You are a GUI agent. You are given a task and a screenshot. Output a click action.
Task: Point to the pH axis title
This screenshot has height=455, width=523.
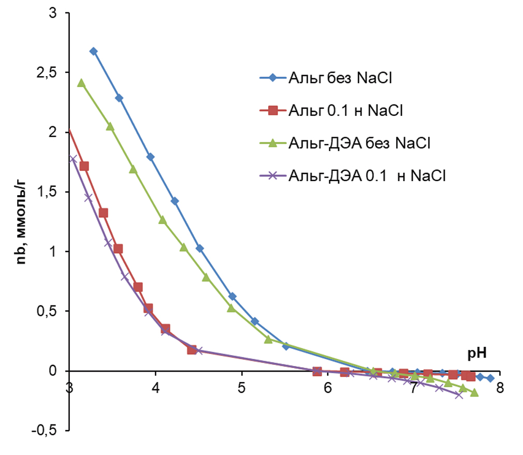476,354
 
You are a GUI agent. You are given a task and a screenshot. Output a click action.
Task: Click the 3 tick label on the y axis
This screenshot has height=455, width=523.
52,13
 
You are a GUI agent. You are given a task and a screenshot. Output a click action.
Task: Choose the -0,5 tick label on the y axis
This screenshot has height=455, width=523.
46,431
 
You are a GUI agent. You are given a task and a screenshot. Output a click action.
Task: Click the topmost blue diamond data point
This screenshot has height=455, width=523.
93,51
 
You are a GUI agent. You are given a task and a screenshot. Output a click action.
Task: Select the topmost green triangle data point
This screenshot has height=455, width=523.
81,83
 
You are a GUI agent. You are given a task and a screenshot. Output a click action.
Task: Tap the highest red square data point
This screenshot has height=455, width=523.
84,166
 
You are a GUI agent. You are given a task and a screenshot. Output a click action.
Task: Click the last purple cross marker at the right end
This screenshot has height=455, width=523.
458,395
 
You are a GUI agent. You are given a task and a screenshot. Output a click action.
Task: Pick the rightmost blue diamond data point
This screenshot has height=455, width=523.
490,378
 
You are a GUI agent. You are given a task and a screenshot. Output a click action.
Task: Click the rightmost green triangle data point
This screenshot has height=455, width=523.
474,393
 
